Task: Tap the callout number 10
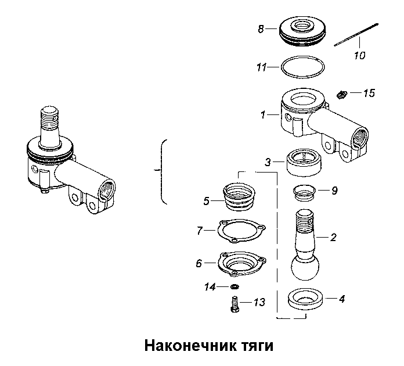[x=359, y=56]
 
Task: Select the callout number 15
[x=369, y=93]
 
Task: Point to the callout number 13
[x=259, y=302]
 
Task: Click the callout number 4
[x=342, y=299]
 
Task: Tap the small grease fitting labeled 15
[x=343, y=93]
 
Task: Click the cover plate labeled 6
[x=241, y=263]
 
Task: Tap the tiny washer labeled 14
[x=235, y=287]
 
